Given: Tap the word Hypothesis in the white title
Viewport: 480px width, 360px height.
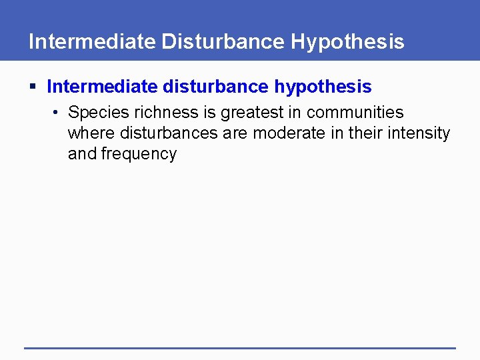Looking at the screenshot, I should pyautogui.click(x=348, y=41).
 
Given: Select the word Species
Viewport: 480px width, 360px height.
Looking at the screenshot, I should pyautogui.click(x=98, y=113).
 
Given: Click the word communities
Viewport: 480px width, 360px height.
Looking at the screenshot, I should pyautogui.click(x=355, y=113).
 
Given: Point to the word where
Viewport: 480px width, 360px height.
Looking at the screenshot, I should pyautogui.click(x=91, y=133).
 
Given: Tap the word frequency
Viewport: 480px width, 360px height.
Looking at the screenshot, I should pyautogui.click(x=139, y=154).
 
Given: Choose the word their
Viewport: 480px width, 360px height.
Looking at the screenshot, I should pyautogui.click(x=364, y=133).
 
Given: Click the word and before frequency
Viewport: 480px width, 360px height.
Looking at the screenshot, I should pyautogui.click(x=81, y=154).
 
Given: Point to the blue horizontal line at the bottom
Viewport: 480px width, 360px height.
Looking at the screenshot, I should pyautogui.click(x=240, y=347).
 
